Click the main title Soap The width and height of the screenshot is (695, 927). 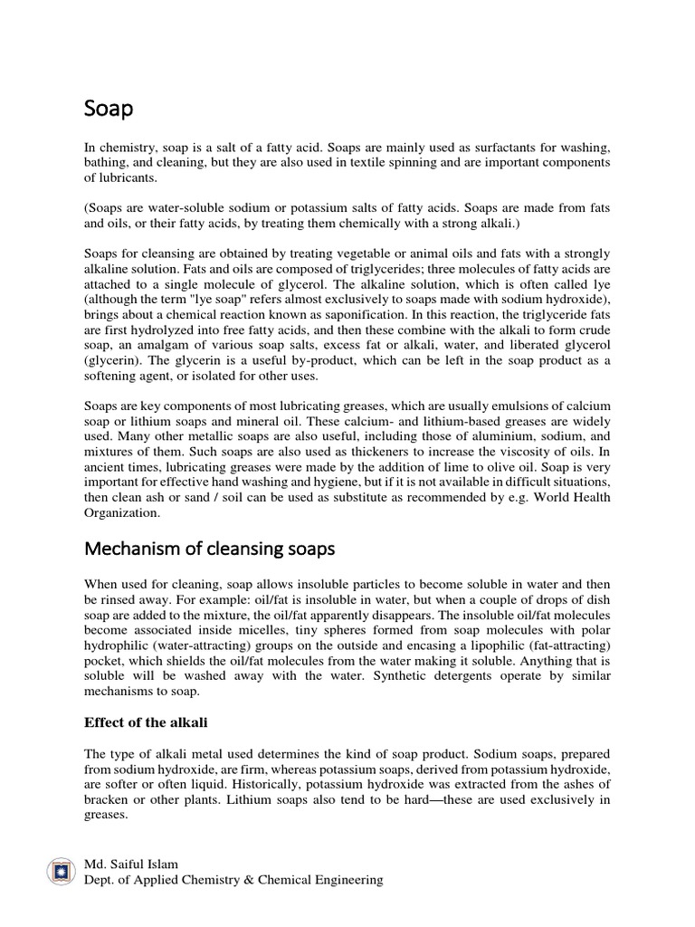tap(109, 110)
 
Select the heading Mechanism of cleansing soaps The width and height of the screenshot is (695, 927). tap(210, 549)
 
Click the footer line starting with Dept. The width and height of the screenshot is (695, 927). tap(233, 880)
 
